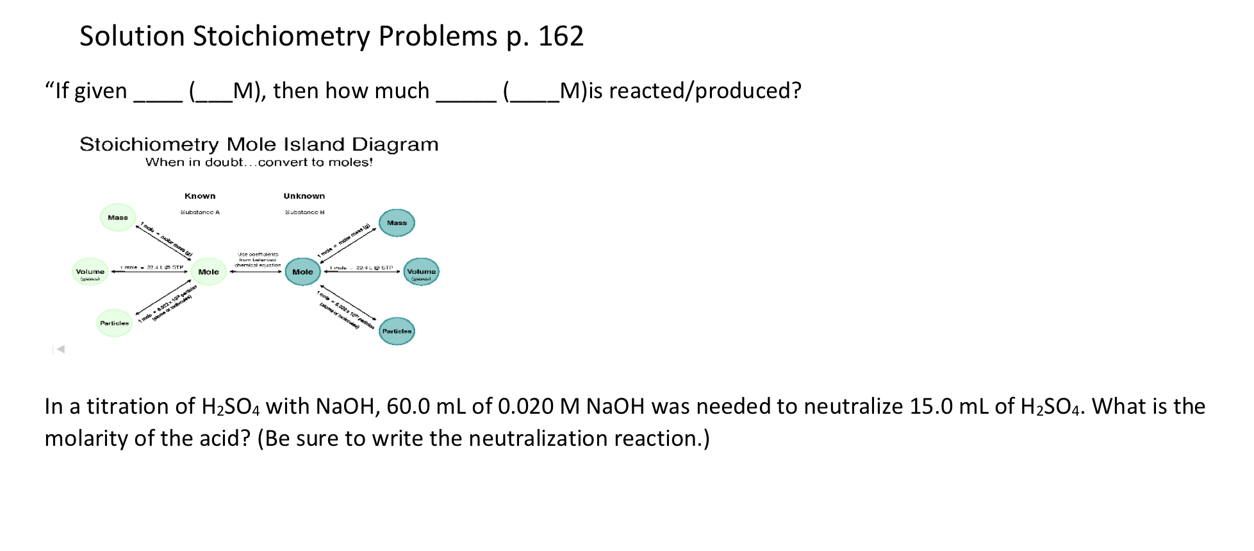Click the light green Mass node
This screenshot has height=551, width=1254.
(118, 217)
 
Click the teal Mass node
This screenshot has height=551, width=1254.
(397, 223)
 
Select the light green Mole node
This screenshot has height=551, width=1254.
(208, 272)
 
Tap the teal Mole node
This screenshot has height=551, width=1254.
(302, 272)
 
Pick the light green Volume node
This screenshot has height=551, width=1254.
(90, 272)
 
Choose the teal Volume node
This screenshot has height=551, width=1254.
(421, 272)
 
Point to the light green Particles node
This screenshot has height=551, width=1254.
(114, 323)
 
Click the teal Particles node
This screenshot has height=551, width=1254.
(397, 331)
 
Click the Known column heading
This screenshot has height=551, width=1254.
(200, 196)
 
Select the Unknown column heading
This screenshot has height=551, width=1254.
(304, 196)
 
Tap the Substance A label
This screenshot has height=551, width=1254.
(200, 212)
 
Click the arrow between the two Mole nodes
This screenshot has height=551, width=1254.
(256, 272)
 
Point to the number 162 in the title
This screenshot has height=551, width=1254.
(561, 37)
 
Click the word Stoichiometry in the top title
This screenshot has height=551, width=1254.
(281, 37)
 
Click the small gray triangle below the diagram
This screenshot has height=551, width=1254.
(60, 349)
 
